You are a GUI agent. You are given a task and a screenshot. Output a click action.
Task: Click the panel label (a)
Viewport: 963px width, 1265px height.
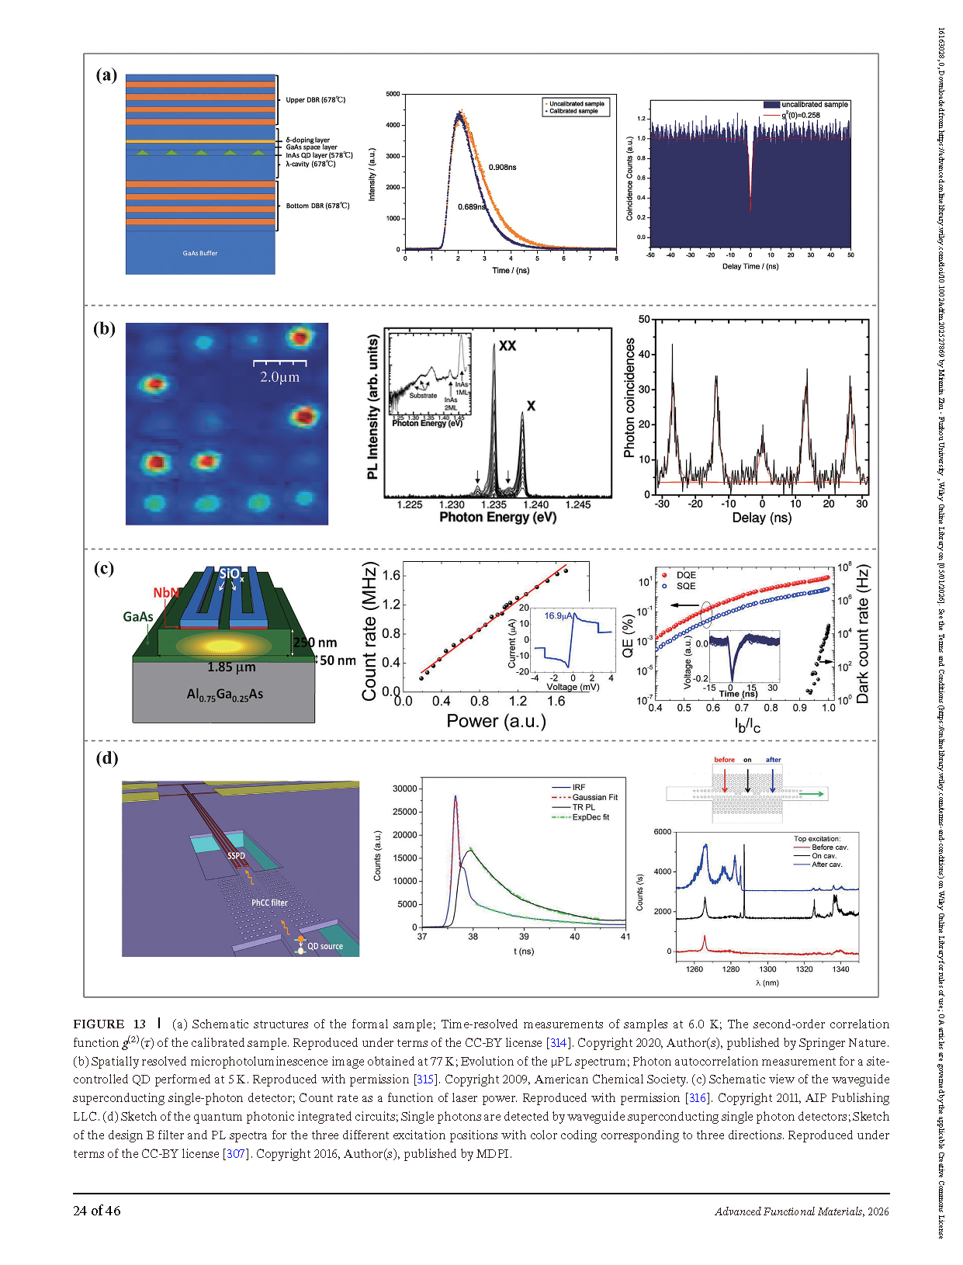106,75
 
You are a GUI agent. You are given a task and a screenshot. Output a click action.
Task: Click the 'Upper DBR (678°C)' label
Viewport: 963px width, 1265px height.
315,100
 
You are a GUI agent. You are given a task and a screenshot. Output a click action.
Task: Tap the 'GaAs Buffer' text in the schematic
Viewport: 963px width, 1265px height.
200,253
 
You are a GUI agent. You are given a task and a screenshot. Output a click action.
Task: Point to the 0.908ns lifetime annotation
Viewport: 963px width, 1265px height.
502,168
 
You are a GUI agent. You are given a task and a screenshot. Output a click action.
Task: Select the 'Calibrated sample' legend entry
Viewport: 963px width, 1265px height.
574,111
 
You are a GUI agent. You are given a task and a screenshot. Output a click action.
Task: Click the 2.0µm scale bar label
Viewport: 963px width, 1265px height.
279,377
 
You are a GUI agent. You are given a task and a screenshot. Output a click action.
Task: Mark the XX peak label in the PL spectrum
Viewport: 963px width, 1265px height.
507,345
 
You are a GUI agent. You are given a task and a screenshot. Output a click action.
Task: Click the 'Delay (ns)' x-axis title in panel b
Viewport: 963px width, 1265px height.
761,518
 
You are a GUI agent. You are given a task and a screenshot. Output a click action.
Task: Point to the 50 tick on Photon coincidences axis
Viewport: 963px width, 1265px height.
644,320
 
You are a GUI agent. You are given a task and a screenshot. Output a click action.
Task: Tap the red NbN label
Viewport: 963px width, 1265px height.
165,593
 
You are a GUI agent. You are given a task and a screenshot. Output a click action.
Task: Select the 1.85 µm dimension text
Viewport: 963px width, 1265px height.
231,667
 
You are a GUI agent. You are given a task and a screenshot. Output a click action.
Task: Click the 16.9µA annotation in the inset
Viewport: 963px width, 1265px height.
559,616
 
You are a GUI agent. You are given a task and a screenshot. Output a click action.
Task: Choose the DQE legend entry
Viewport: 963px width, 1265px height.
685,575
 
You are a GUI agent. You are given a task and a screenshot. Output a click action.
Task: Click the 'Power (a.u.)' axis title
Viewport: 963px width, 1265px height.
496,721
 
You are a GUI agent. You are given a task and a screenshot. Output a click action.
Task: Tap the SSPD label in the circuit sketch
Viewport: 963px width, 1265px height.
236,855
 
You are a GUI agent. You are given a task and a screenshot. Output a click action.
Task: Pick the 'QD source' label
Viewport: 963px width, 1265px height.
324,946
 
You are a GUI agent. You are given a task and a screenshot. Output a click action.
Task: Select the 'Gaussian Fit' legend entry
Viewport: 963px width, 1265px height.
594,797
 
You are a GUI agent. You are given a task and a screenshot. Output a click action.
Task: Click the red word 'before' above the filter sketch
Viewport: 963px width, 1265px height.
724,760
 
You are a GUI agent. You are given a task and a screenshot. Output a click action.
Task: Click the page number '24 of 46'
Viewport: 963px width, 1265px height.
97,1211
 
